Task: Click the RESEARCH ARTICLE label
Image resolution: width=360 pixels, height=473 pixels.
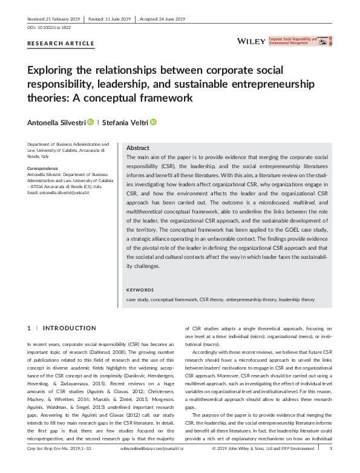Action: [x=61, y=44]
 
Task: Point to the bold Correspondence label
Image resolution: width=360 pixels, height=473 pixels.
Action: [x=43, y=168]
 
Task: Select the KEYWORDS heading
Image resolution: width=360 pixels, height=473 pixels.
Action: [x=140, y=290]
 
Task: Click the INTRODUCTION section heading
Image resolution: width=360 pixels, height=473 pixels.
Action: [x=70, y=328]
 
